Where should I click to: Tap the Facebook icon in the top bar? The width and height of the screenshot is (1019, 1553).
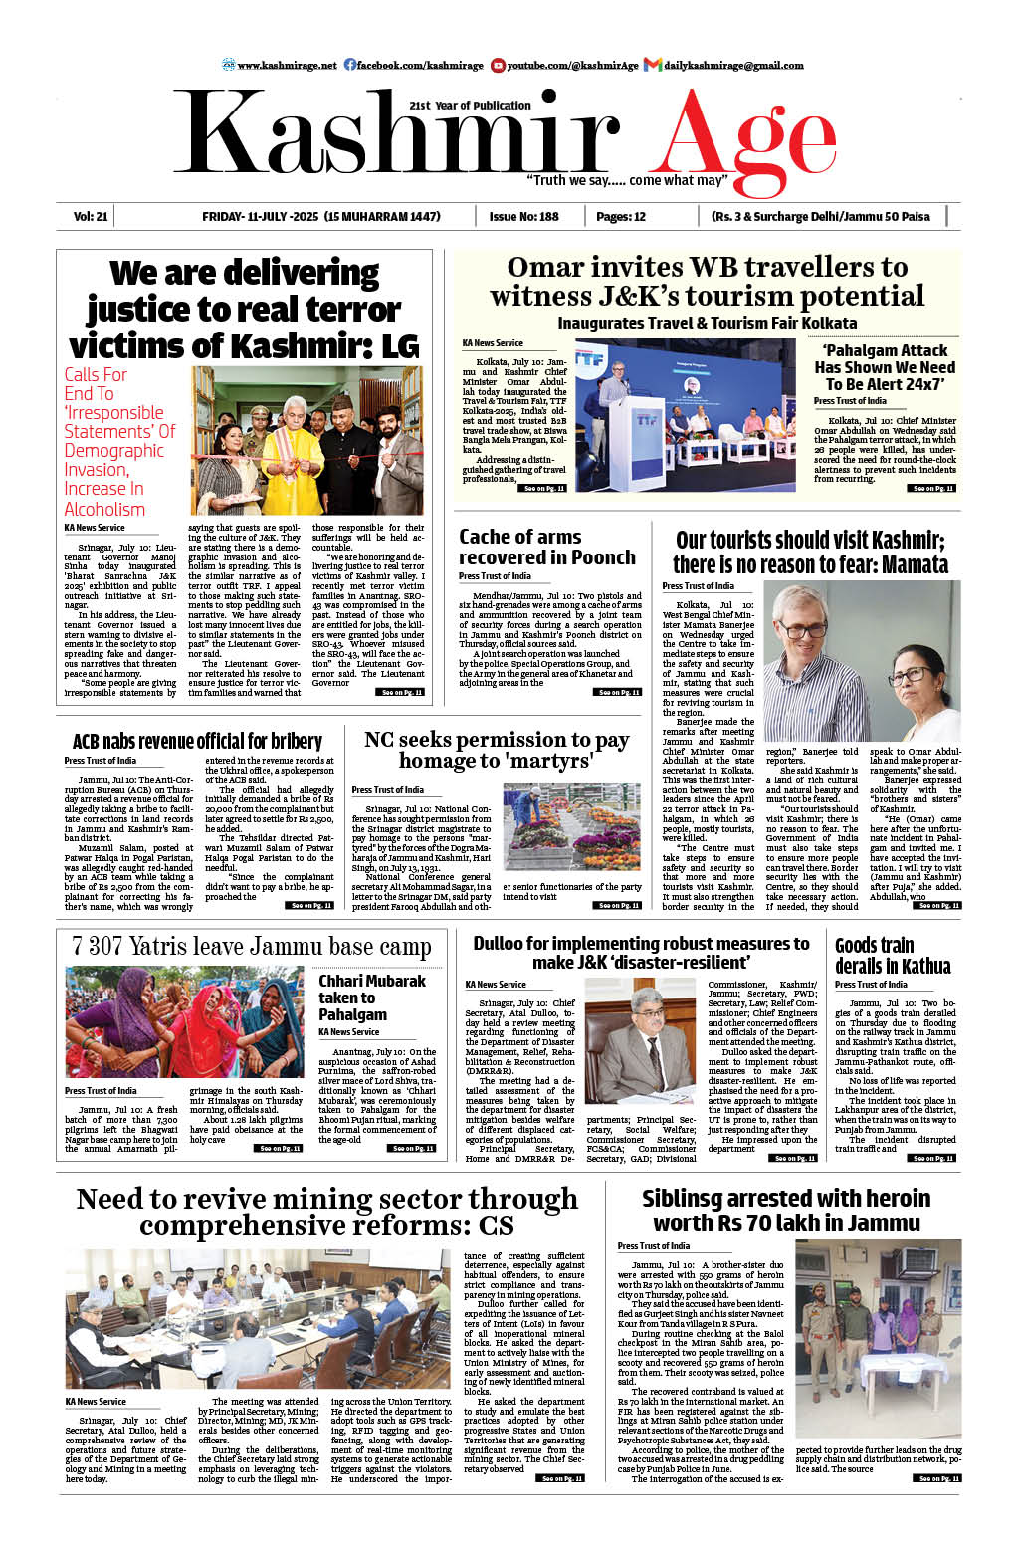[350, 65]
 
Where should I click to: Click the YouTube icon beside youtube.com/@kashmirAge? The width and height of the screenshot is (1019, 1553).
[498, 65]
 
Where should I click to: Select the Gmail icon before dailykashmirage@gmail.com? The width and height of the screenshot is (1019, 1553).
[653, 65]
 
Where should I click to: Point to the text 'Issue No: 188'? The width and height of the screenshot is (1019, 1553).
[523, 216]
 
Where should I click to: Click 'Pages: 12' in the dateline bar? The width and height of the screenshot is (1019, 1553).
[621, 216]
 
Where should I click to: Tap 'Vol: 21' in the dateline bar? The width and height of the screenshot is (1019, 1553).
[90, 216]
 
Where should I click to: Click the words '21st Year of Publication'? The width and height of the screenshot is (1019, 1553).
[470, 105]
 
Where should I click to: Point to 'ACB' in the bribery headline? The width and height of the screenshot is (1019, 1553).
[89, 742]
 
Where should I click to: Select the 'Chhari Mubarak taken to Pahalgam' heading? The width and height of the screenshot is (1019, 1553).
[371, 998]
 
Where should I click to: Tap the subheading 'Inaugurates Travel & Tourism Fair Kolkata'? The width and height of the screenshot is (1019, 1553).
[707, 323]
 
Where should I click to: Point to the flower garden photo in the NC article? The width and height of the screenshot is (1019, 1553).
[571, 827]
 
